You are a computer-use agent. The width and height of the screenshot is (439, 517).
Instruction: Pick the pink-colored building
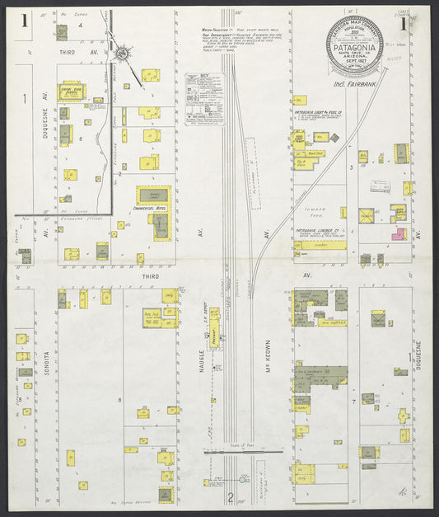coord(398,234)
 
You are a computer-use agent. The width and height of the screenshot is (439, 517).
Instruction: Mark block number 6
coord(119,400)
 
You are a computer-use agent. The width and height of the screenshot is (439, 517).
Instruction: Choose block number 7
coord(353,400)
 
